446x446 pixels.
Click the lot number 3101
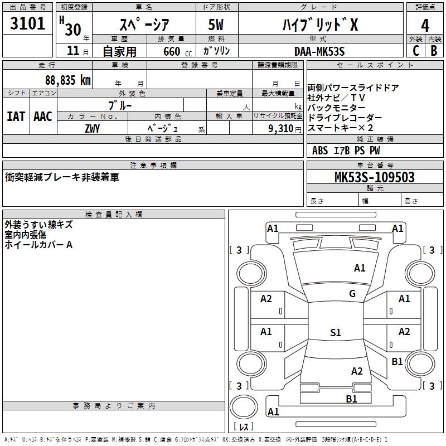tap(28, 24)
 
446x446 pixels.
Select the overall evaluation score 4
tap(425, 25)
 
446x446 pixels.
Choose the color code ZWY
tap(92, 128)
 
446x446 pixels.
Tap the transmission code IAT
tap(16, 117)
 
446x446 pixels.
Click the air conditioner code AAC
tap(43, 117)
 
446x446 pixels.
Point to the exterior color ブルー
tap(120, 105)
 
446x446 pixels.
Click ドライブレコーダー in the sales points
tap(345, 118)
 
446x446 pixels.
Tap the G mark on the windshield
tap(352, 294)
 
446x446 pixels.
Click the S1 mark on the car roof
tap(335, 333)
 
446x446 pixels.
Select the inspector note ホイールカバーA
tap(38, 245)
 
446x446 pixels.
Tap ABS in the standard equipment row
tap(320, 151)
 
